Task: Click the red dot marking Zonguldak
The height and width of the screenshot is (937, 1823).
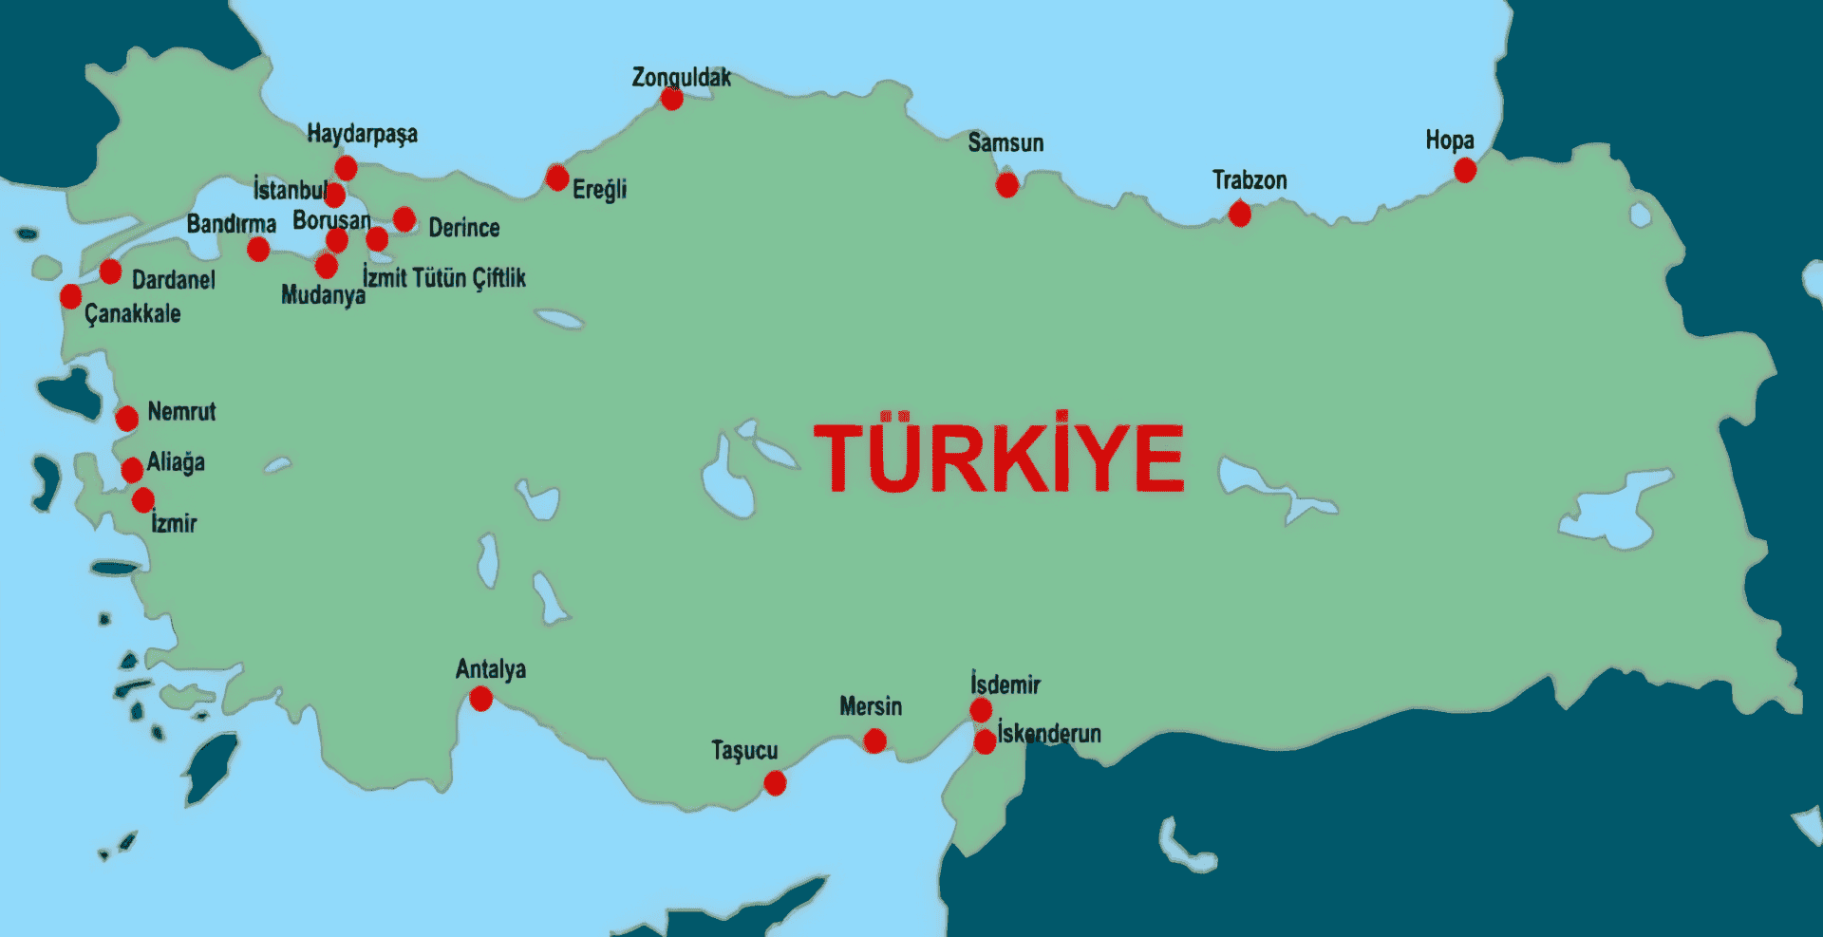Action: [671, 99]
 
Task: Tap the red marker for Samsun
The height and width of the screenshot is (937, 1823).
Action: [1006, 184]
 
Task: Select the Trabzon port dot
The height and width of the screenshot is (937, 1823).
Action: [1239, 214]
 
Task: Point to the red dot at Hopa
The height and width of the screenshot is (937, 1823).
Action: [1465, 170]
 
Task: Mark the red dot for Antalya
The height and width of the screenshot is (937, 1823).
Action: [480, 699]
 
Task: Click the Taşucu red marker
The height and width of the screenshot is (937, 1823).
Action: [775, 782]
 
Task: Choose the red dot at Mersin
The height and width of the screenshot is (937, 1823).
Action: [874, 740]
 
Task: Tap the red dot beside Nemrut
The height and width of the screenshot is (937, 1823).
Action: [126, 418]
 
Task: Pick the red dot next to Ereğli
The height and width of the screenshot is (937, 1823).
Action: [557, 178]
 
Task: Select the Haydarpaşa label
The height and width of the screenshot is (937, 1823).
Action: [362, 134]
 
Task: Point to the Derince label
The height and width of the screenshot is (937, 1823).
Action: [463, 228]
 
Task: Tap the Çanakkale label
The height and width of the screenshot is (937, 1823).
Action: [132, 313]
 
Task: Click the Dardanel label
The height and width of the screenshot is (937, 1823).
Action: [173, 280]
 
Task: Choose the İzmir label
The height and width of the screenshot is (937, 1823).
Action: [174, 523]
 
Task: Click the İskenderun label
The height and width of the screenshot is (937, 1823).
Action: [1049, 734]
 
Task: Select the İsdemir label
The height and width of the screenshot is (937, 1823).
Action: [1005, 684]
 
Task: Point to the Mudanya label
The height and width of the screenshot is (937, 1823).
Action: [323, 295]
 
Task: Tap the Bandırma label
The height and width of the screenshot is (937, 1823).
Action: [231, 224]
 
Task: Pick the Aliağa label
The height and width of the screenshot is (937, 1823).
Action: [176, 462]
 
